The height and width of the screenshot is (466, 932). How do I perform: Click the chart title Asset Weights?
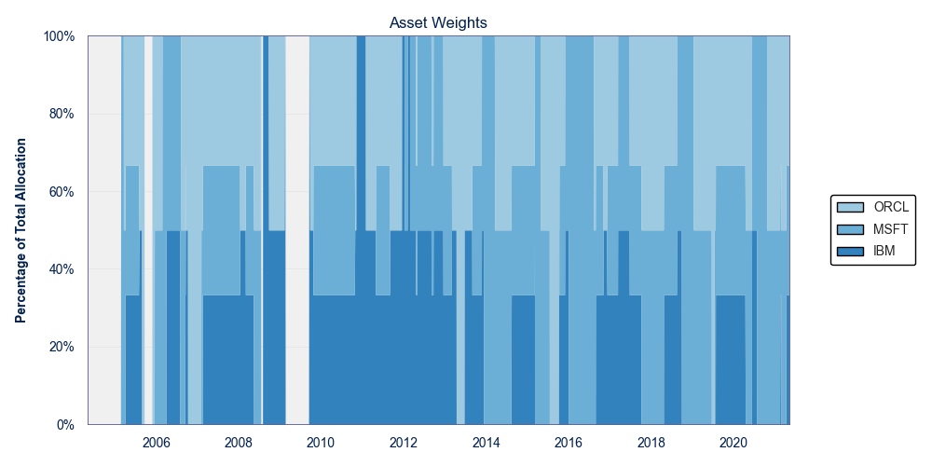tap(439, 22)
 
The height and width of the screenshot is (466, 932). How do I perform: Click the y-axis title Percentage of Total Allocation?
tap(21, 230)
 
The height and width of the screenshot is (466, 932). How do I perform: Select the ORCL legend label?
tap(892, 207)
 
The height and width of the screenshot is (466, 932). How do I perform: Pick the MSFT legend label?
tap(891, 229)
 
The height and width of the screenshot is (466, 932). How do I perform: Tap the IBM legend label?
tap(884, 252)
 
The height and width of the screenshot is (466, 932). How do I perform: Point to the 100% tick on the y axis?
tap(59, 36)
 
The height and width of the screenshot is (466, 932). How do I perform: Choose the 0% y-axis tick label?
tap(65, 425)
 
